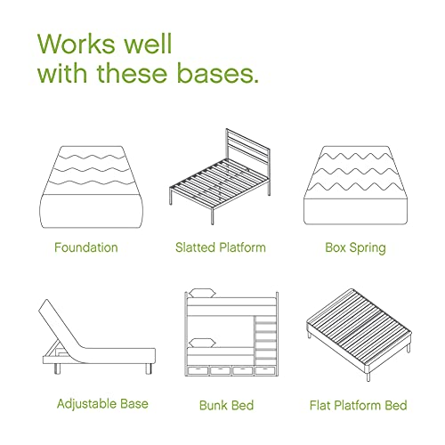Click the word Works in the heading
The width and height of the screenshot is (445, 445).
77,44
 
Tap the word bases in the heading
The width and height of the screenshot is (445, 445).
215,73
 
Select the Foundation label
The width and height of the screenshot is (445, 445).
86,247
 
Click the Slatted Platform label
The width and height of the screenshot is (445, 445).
221,247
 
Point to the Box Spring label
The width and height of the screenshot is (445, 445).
355,248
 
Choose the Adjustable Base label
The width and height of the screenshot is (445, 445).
102,404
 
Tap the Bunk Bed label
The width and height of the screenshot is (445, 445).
226,405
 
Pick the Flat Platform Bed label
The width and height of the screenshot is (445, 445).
358,405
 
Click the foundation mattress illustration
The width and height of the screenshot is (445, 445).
91,187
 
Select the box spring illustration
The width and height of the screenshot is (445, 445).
355,185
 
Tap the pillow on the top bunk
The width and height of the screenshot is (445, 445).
202,293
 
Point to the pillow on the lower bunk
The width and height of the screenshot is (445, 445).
202,343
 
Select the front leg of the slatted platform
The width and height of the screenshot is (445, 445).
212,215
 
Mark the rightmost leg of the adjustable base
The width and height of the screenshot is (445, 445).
149,368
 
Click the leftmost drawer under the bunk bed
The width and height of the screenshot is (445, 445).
198,370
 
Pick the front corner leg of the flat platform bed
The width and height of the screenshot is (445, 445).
368,376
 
